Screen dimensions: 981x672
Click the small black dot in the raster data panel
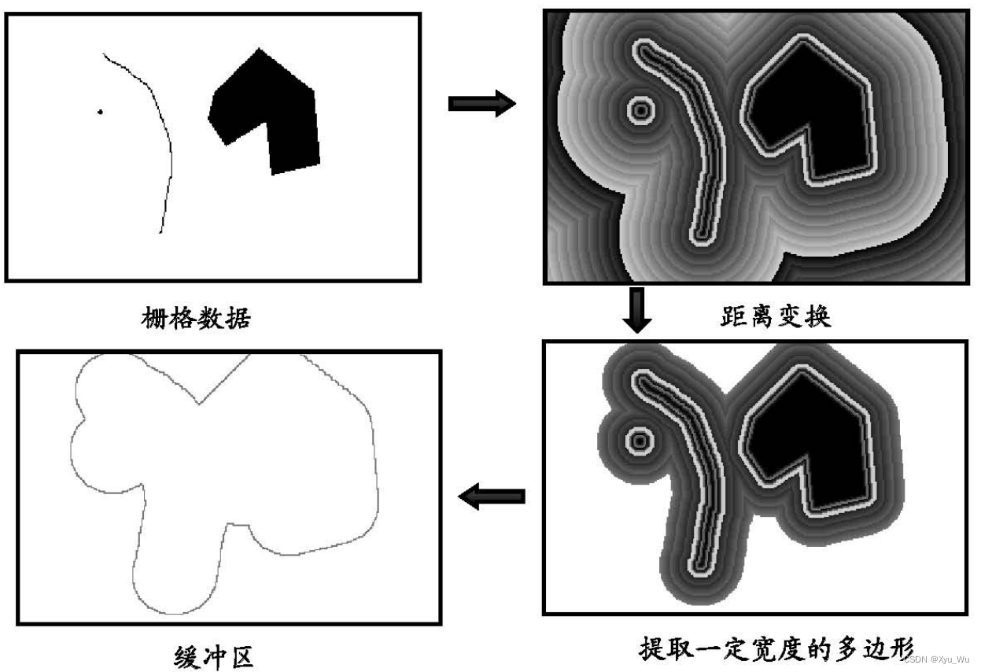[100, 112]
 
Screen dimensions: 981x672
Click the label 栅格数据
[196, 318]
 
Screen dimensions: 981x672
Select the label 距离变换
[775, 317]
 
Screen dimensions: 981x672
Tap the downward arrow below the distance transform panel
[639, 309]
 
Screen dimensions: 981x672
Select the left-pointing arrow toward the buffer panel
[492, 497]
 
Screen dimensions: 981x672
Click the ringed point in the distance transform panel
[641, 111]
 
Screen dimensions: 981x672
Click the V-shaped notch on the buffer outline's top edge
[200, 403]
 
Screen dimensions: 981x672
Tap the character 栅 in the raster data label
[154, 318]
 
